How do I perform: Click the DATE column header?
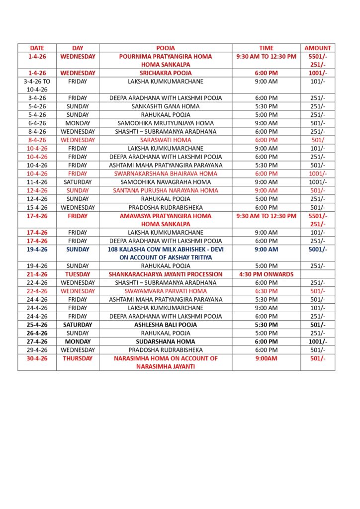(x=37, y=48)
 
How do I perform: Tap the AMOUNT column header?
(x=317, y=48)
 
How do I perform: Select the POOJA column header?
(x=166, y=48)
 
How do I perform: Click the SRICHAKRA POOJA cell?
(x=166, y=73)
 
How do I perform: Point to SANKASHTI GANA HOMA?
(x=166, y=106)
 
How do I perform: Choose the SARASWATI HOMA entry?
(x=166, y=140)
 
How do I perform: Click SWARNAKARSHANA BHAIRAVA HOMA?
(x=166, y=173)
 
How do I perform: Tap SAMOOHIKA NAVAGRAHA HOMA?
(x=166, y=182)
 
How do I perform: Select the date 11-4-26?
(x=37, y=182)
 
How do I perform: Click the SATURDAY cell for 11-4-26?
(x=78, y=182)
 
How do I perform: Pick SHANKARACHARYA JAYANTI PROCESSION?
(x=166, y=274)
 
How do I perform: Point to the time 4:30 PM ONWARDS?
(x=266, y=274)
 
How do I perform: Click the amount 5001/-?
(x=317, y=250)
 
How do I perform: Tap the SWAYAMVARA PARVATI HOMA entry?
(x=166, y=291)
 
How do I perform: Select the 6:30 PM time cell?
(x=266, y=291)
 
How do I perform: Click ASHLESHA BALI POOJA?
(x=166, y=325)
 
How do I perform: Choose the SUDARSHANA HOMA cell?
(x=166, y=341)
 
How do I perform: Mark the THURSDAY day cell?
(x=78, y=358)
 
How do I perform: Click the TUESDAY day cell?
(x=78, y=274)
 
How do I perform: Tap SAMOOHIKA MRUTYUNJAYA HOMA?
(x=166, y=123)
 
